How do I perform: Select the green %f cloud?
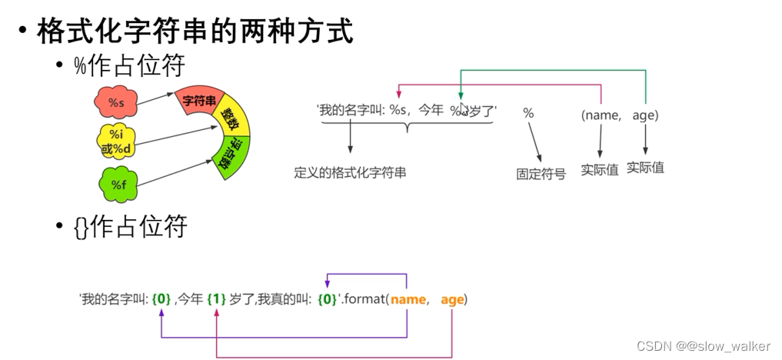click(118, 184)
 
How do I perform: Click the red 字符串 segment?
click(200, 100)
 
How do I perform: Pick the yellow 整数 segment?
click(230, 120)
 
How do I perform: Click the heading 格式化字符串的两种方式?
click(195, 32)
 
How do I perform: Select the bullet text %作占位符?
click(129, 66)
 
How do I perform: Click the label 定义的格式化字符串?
click(350, 173)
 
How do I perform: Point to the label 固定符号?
click(541, 174)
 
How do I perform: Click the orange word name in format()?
click(408, 299)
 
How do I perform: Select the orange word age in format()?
click(452, 299)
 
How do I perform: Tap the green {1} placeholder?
click(216, 299)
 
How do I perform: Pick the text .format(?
click(364, 299)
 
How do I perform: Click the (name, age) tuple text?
click(620, 115)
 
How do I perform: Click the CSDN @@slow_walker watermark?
click(704, 345)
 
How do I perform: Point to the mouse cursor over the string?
click(464, 109)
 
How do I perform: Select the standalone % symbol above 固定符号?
click(528, 113)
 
